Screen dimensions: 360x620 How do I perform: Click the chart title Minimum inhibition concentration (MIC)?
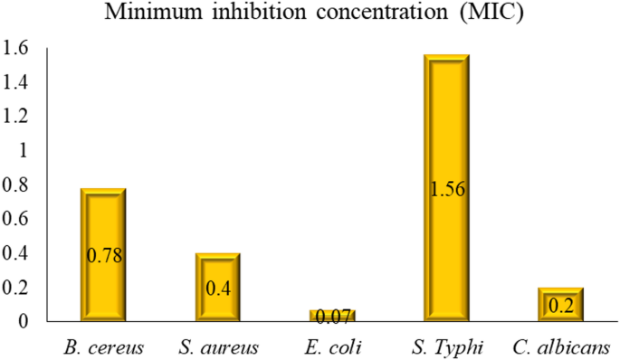[x=309, y=15]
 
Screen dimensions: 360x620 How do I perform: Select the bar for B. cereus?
[x=104, y=217]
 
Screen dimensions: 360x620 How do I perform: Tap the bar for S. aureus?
[x=217, y=271]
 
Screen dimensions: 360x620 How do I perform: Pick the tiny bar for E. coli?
[x=330, y=314]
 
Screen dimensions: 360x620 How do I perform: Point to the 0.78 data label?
[x=104, y=256]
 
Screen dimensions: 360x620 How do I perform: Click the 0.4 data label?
[x=217, y=289]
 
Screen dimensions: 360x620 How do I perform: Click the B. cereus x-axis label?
[x=104, y=347]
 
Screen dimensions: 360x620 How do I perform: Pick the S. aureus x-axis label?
[x=217, y=347]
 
